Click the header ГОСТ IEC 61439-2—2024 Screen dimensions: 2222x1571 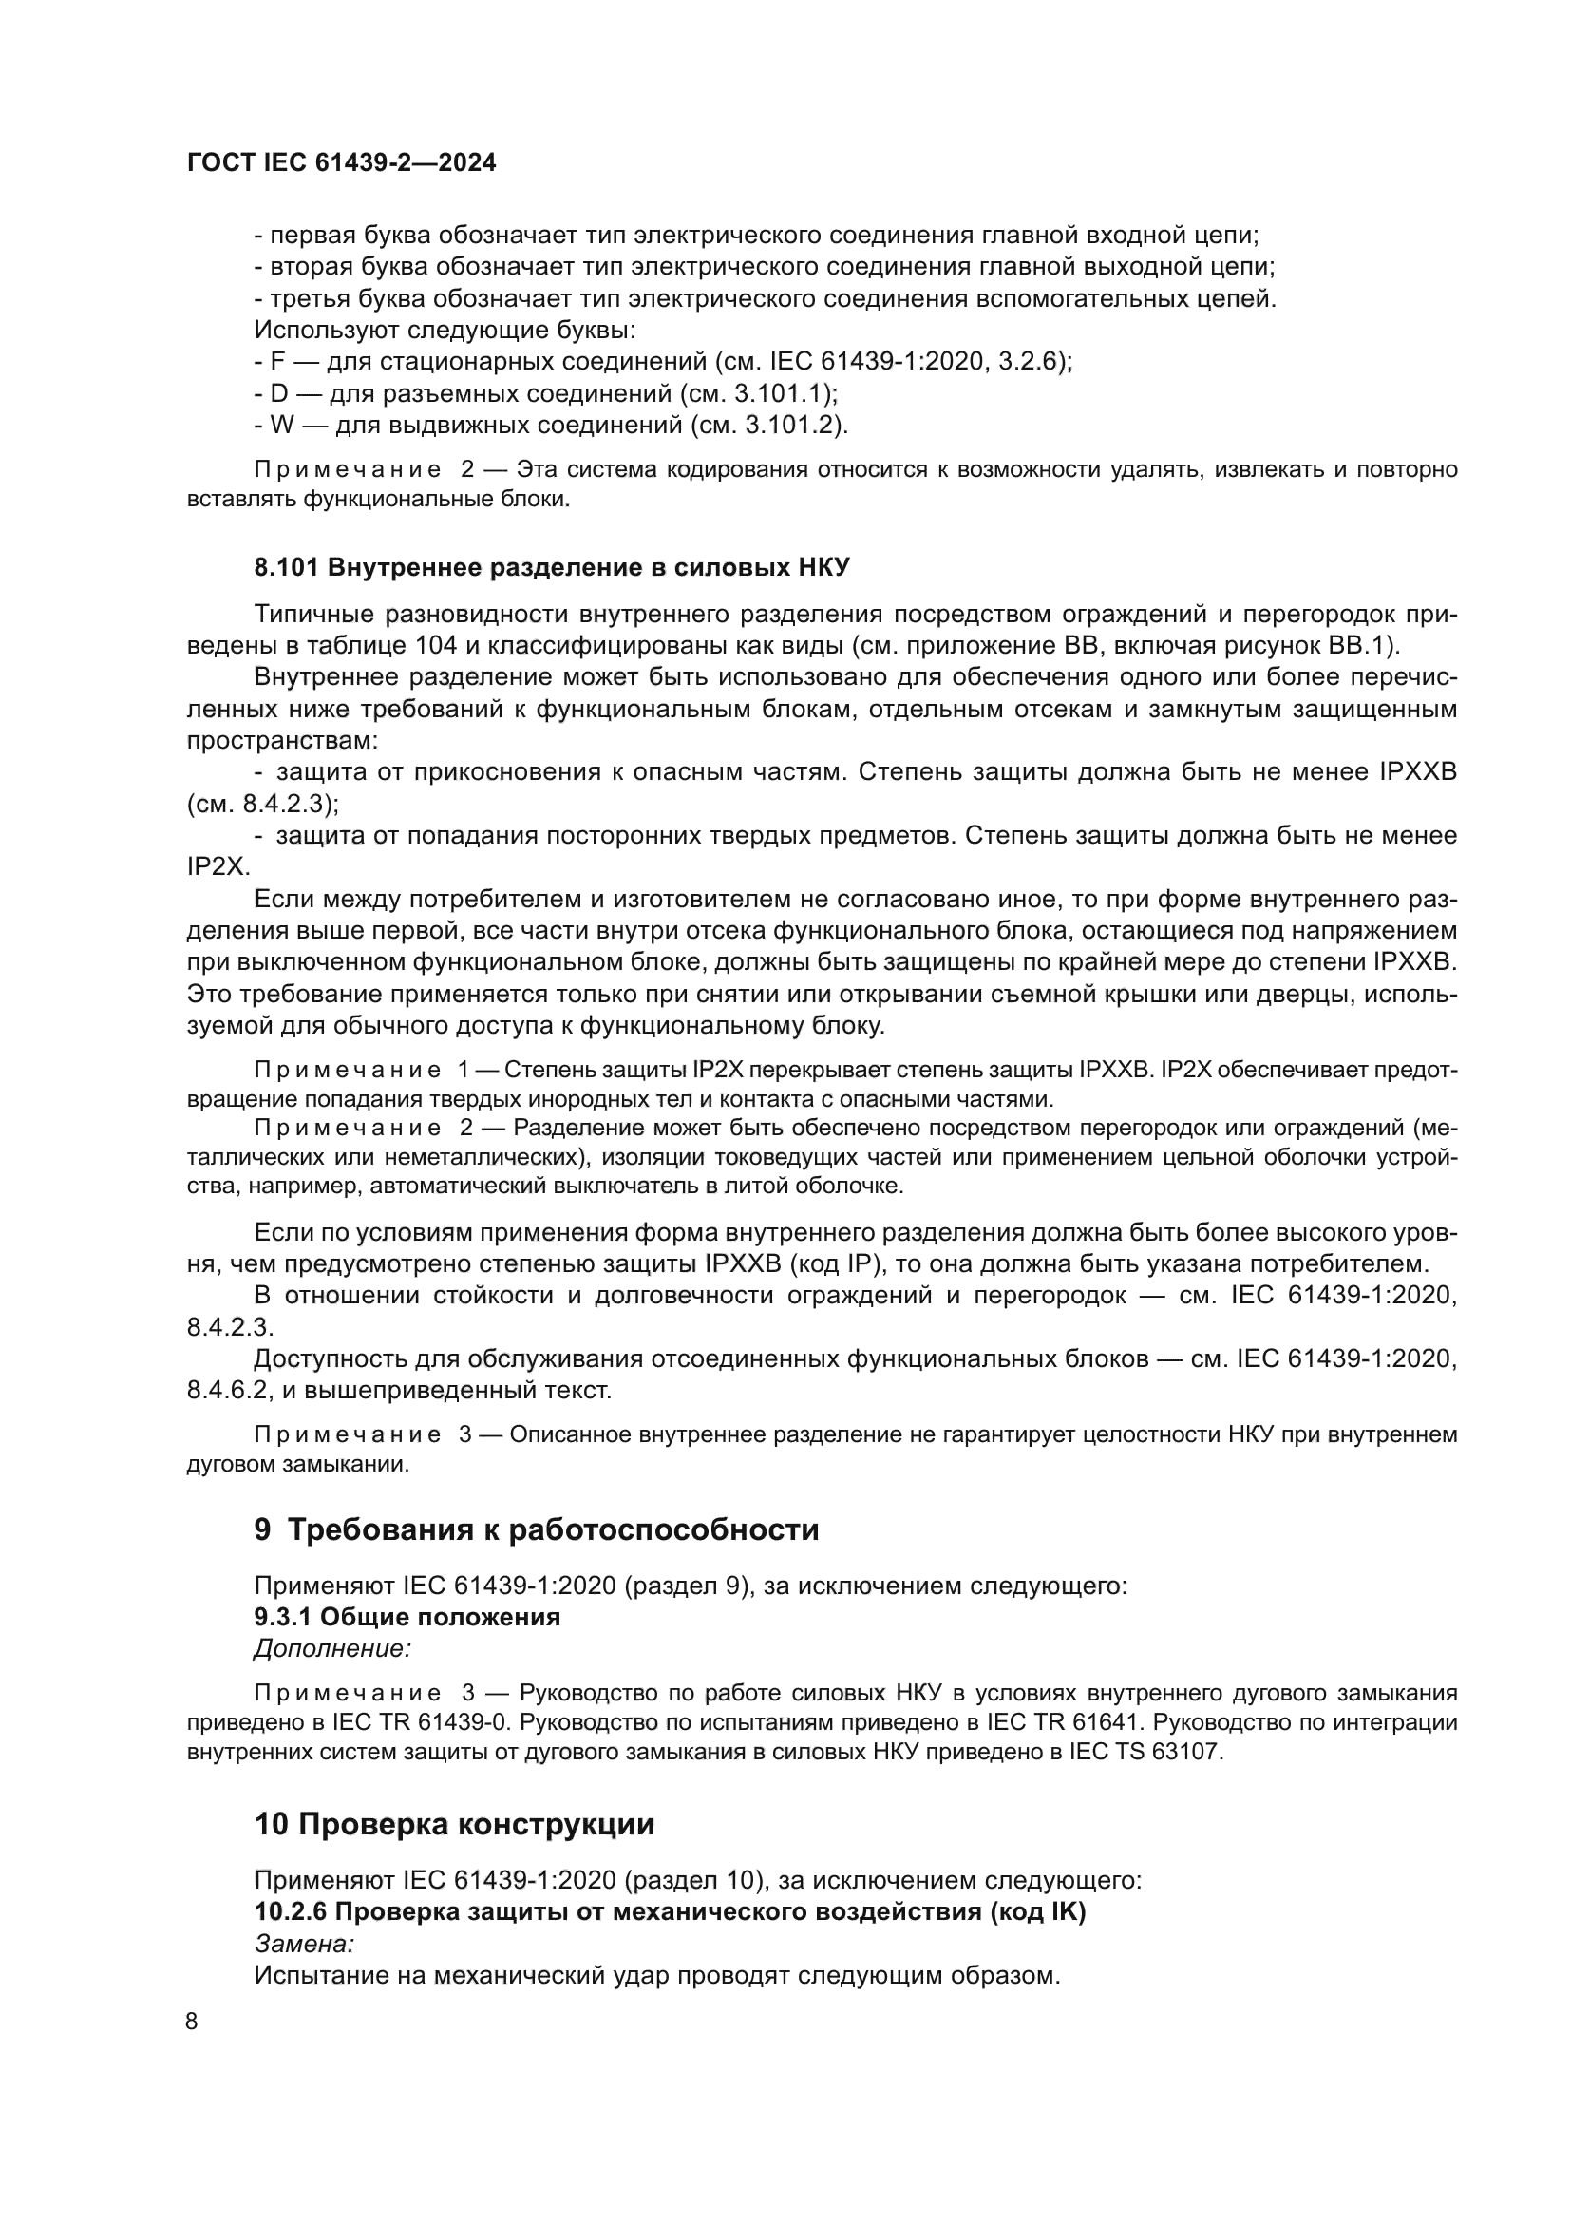click(342, 162)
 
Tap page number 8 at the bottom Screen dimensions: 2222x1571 click(192, 2021)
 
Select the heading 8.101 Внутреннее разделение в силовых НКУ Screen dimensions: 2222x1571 click(552, 567)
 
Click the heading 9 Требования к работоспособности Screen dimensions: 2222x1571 click(536, 1529)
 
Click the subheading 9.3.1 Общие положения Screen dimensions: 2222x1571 click(407, 1617)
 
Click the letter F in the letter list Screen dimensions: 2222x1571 click(278, 362)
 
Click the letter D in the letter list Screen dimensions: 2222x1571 click(279, 394)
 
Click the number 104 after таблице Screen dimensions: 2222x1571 click(436, 645)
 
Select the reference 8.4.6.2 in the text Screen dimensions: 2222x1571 click(220, 1391)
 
